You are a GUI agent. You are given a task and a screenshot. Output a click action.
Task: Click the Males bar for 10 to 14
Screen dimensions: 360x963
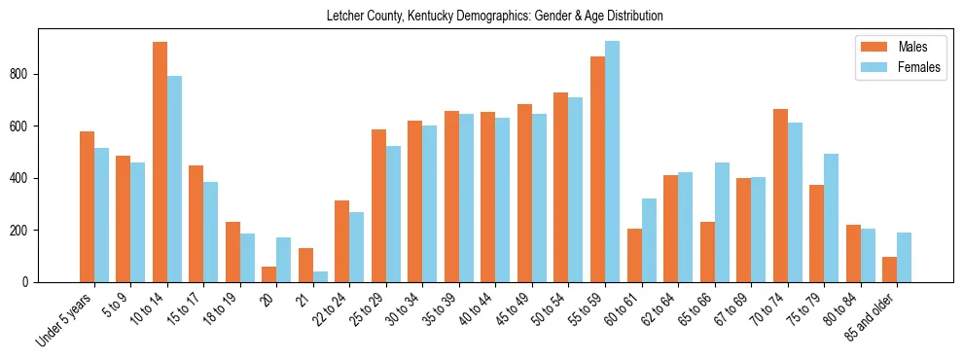pos(160,162)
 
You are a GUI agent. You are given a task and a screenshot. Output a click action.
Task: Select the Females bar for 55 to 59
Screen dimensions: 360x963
pos(612,162)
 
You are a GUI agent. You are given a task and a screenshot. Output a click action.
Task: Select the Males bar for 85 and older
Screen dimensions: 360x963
pos(890,270)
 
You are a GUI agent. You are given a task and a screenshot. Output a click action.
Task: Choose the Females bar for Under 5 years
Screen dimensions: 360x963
pos(101,215)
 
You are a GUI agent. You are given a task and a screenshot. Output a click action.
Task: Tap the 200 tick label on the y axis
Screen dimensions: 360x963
pos(25,231)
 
